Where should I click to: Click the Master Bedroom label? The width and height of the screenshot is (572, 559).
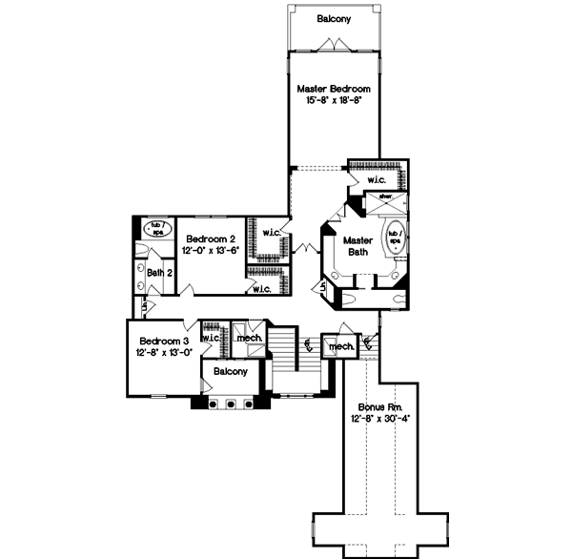click(x=334, y=88)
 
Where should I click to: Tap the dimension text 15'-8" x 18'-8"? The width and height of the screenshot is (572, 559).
click(x=334, y=99)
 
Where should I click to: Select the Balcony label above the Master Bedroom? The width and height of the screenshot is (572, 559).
click(x=334, y=18)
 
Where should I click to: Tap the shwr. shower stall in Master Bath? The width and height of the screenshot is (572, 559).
click(x=386, y=198)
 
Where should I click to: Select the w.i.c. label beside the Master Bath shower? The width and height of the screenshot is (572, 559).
click(x=377, y=178)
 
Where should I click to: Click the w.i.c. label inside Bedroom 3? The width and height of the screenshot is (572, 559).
click(x=212, y=337)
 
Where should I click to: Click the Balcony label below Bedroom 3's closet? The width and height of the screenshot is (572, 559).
click(x=232, y=371)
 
